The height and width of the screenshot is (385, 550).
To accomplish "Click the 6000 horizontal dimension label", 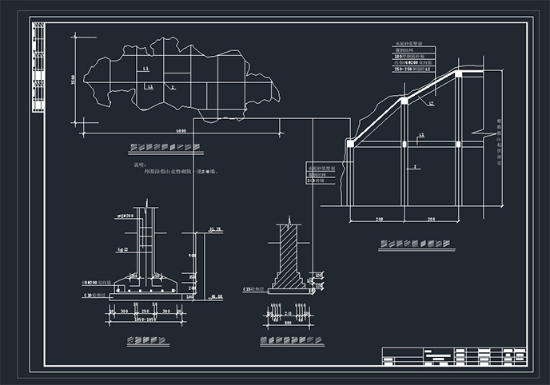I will [181, 129].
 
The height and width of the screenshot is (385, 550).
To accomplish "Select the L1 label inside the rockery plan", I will [147, 70].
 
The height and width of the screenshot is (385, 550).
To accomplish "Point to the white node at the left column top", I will [349, 143].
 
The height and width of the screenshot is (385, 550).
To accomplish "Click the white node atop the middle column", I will [405, 101].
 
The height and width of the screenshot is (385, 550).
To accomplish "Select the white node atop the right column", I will [459, 73].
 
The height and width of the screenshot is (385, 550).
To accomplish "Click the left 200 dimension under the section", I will [377, 218].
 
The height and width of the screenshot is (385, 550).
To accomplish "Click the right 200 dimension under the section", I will [432, 218].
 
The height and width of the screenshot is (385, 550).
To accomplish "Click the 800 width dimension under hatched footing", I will [285, 324].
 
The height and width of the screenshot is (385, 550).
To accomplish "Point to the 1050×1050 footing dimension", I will [147, 319].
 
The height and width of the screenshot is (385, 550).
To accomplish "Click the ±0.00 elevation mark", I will [216, 297].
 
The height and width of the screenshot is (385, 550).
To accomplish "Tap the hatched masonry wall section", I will [288, 256].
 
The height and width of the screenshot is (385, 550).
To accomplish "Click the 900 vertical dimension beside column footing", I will [192, 256].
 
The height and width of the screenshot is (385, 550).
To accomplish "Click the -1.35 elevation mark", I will [213, 230].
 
